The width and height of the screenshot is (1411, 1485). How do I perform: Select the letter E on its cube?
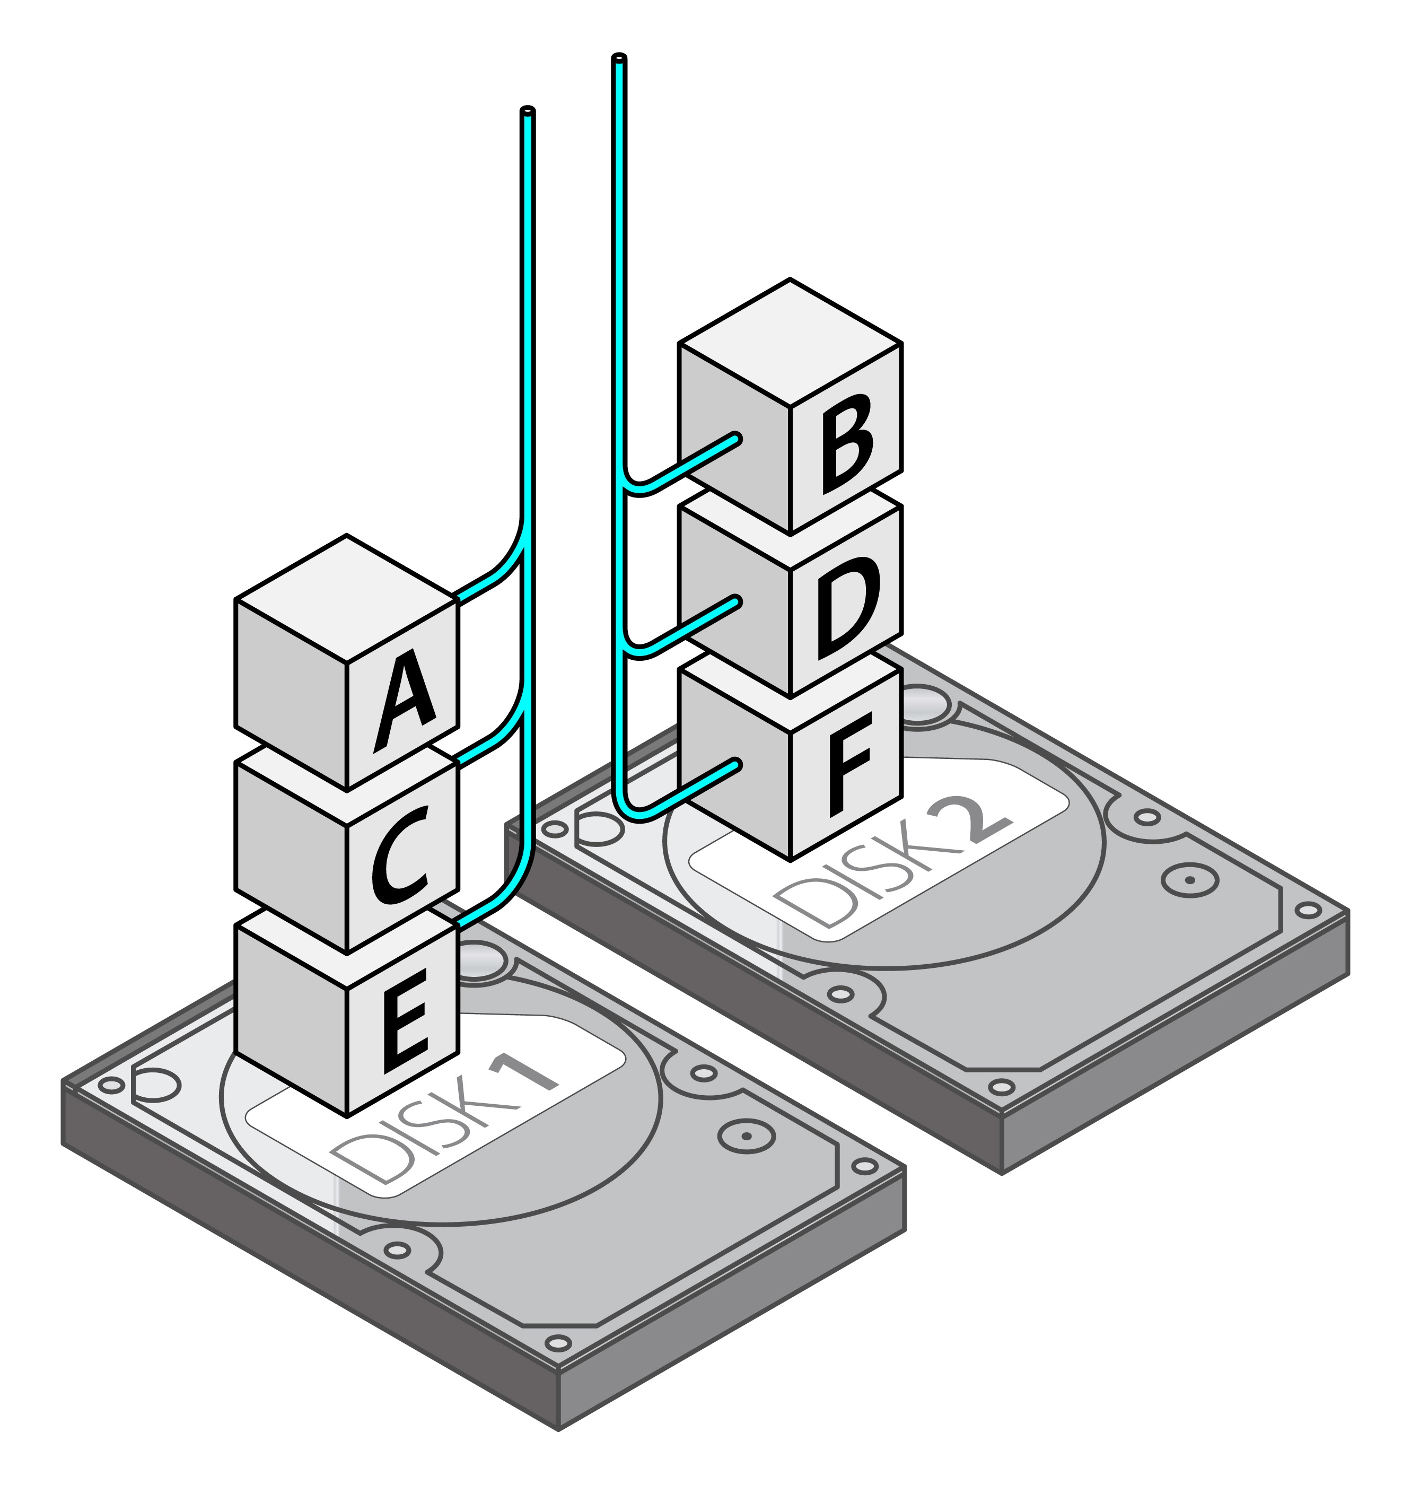[x=405, y=1020]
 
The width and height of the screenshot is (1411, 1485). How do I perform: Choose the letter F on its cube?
[x=850, y=765]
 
